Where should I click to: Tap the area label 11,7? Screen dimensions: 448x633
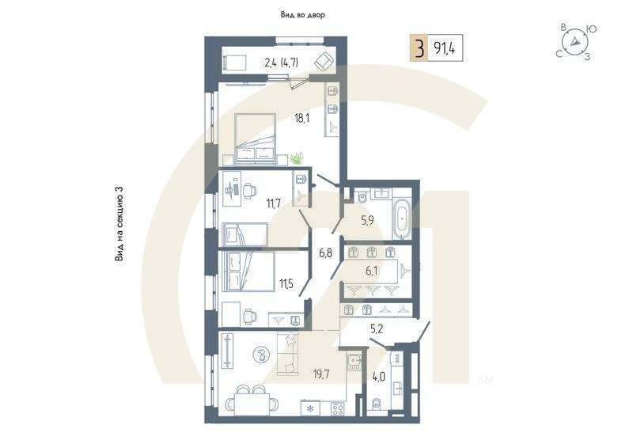275,203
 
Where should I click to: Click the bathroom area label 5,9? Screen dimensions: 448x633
368,220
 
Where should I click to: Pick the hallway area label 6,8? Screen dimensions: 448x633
326,253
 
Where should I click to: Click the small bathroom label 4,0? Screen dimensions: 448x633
380,376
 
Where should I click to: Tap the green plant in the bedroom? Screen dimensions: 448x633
296,159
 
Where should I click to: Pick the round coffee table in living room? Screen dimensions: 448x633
260,356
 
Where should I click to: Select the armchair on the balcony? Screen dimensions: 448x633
323,60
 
